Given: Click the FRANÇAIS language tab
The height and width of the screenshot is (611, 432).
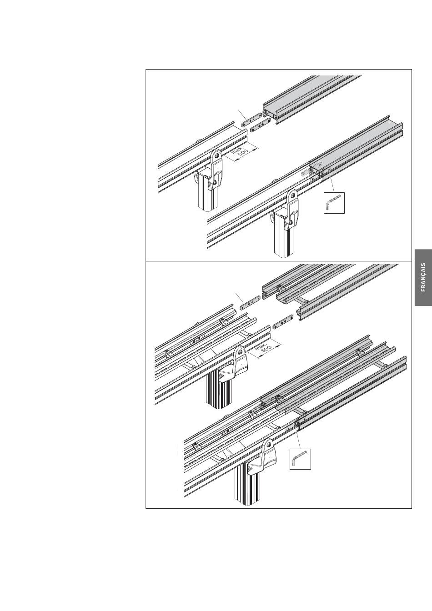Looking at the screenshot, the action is point(423,277).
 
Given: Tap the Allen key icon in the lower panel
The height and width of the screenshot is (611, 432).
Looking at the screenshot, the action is point(300,459).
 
